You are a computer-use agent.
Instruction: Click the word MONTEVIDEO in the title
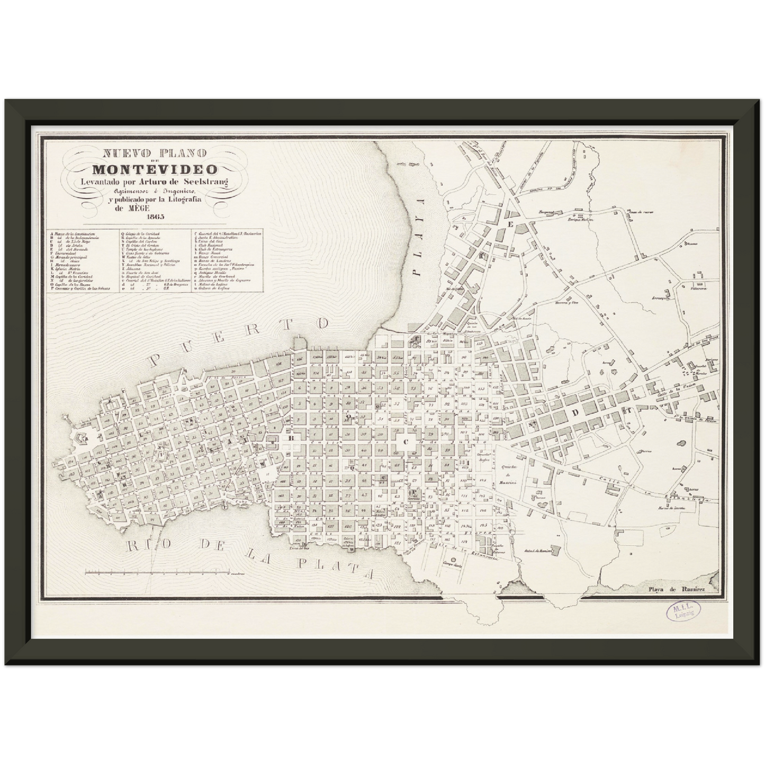click(155, 169)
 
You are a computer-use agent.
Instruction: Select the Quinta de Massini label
click(509, 471)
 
